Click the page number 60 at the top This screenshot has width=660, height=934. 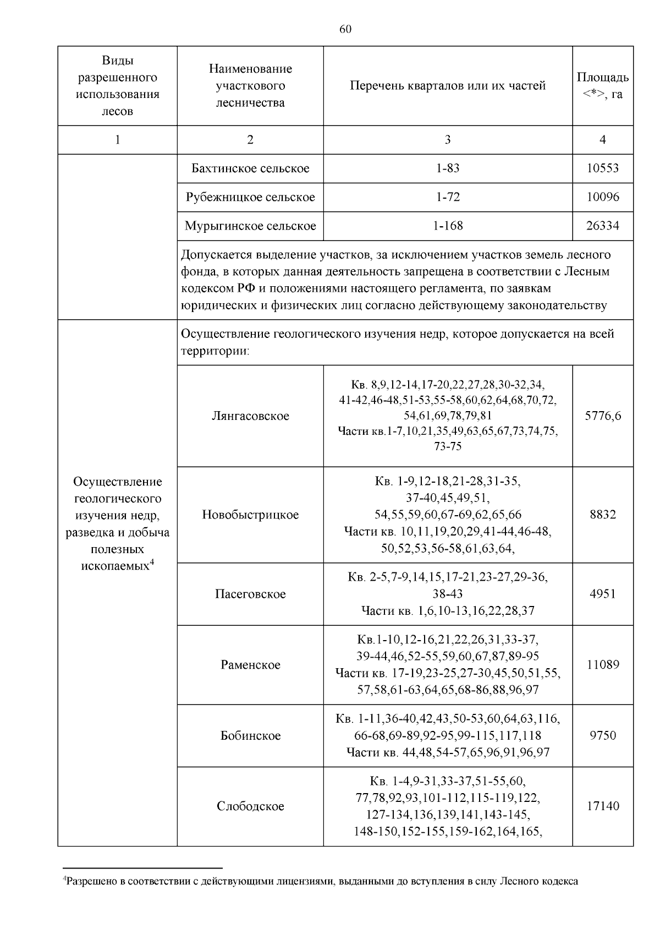[345, 29]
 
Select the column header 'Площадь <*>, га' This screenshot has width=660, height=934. [602, 86]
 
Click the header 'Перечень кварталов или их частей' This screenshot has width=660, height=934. [447, 86]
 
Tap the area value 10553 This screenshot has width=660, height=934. [602, 168]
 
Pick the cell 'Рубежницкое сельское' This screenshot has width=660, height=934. [250, 197]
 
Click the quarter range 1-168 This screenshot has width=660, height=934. [447, 226]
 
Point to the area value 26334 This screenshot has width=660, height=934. [602, 226]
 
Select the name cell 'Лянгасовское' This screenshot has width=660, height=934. [250, 416]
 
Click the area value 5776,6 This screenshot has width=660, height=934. [602, 416]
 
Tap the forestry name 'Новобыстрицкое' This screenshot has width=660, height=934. [250, 515]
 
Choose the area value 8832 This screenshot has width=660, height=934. [602, 515]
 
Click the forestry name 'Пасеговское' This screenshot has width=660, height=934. [250, 594]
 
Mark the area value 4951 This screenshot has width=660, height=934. [602, 594]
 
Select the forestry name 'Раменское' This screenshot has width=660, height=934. [250, 665]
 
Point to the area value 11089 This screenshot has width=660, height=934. [602, 665]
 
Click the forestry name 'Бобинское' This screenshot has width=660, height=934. [250, 736]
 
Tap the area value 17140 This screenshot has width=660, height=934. [602, 806]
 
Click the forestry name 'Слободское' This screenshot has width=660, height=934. [250, 806]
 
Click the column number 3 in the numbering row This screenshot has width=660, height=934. [447, 140]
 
